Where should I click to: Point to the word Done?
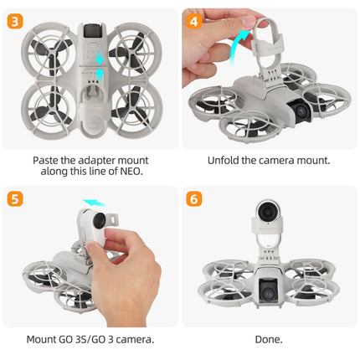click(x=269, y=339)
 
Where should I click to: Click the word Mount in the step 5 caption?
click(x=44, y=339)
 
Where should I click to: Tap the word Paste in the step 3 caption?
click(x=46, y=159)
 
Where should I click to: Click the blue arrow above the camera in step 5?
click(x=94, y=202)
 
